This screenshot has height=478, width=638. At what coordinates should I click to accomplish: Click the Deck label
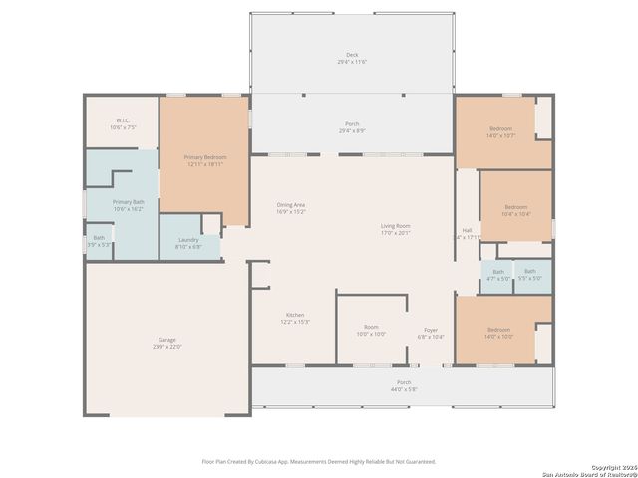click(351, 59)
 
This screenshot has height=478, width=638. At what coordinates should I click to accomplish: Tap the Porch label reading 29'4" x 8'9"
click(351, 127)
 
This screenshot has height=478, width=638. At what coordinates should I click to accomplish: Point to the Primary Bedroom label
click(204, 161)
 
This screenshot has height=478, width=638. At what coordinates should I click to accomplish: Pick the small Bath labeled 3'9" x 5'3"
click(99, 241)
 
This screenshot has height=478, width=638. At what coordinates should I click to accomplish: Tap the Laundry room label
click(188, 243)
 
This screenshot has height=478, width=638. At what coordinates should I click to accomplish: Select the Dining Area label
click(290, 209)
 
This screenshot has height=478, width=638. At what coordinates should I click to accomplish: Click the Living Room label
click(395, 230)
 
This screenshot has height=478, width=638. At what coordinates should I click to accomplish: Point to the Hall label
click(466, 234)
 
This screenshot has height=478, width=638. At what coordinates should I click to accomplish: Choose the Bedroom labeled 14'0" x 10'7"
click(500, 133)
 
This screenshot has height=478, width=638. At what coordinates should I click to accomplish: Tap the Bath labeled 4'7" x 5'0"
click(497, 275)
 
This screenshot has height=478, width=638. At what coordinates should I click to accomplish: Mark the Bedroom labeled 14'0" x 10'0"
click(499, 333)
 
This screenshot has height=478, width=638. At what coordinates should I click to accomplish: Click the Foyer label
click(431, 334)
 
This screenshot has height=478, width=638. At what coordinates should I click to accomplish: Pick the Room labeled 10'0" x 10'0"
click(371, 331)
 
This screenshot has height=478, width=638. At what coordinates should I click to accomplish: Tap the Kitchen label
click(295, 319)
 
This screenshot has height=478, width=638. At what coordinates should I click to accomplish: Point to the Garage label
click(166, 344)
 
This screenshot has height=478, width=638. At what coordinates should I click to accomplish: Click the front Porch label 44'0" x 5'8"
click(404, 385)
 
